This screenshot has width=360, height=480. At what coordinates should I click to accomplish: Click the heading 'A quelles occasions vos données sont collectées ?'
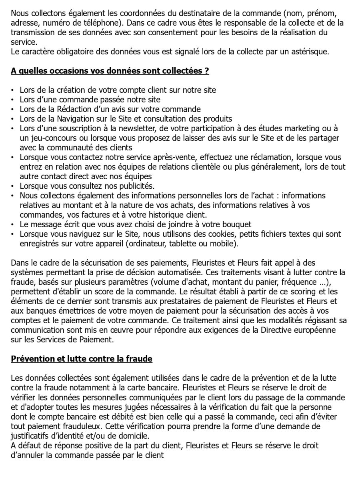[x=110, y=71]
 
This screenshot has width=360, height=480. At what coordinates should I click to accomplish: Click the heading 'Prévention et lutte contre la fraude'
[x=82, y=359]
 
